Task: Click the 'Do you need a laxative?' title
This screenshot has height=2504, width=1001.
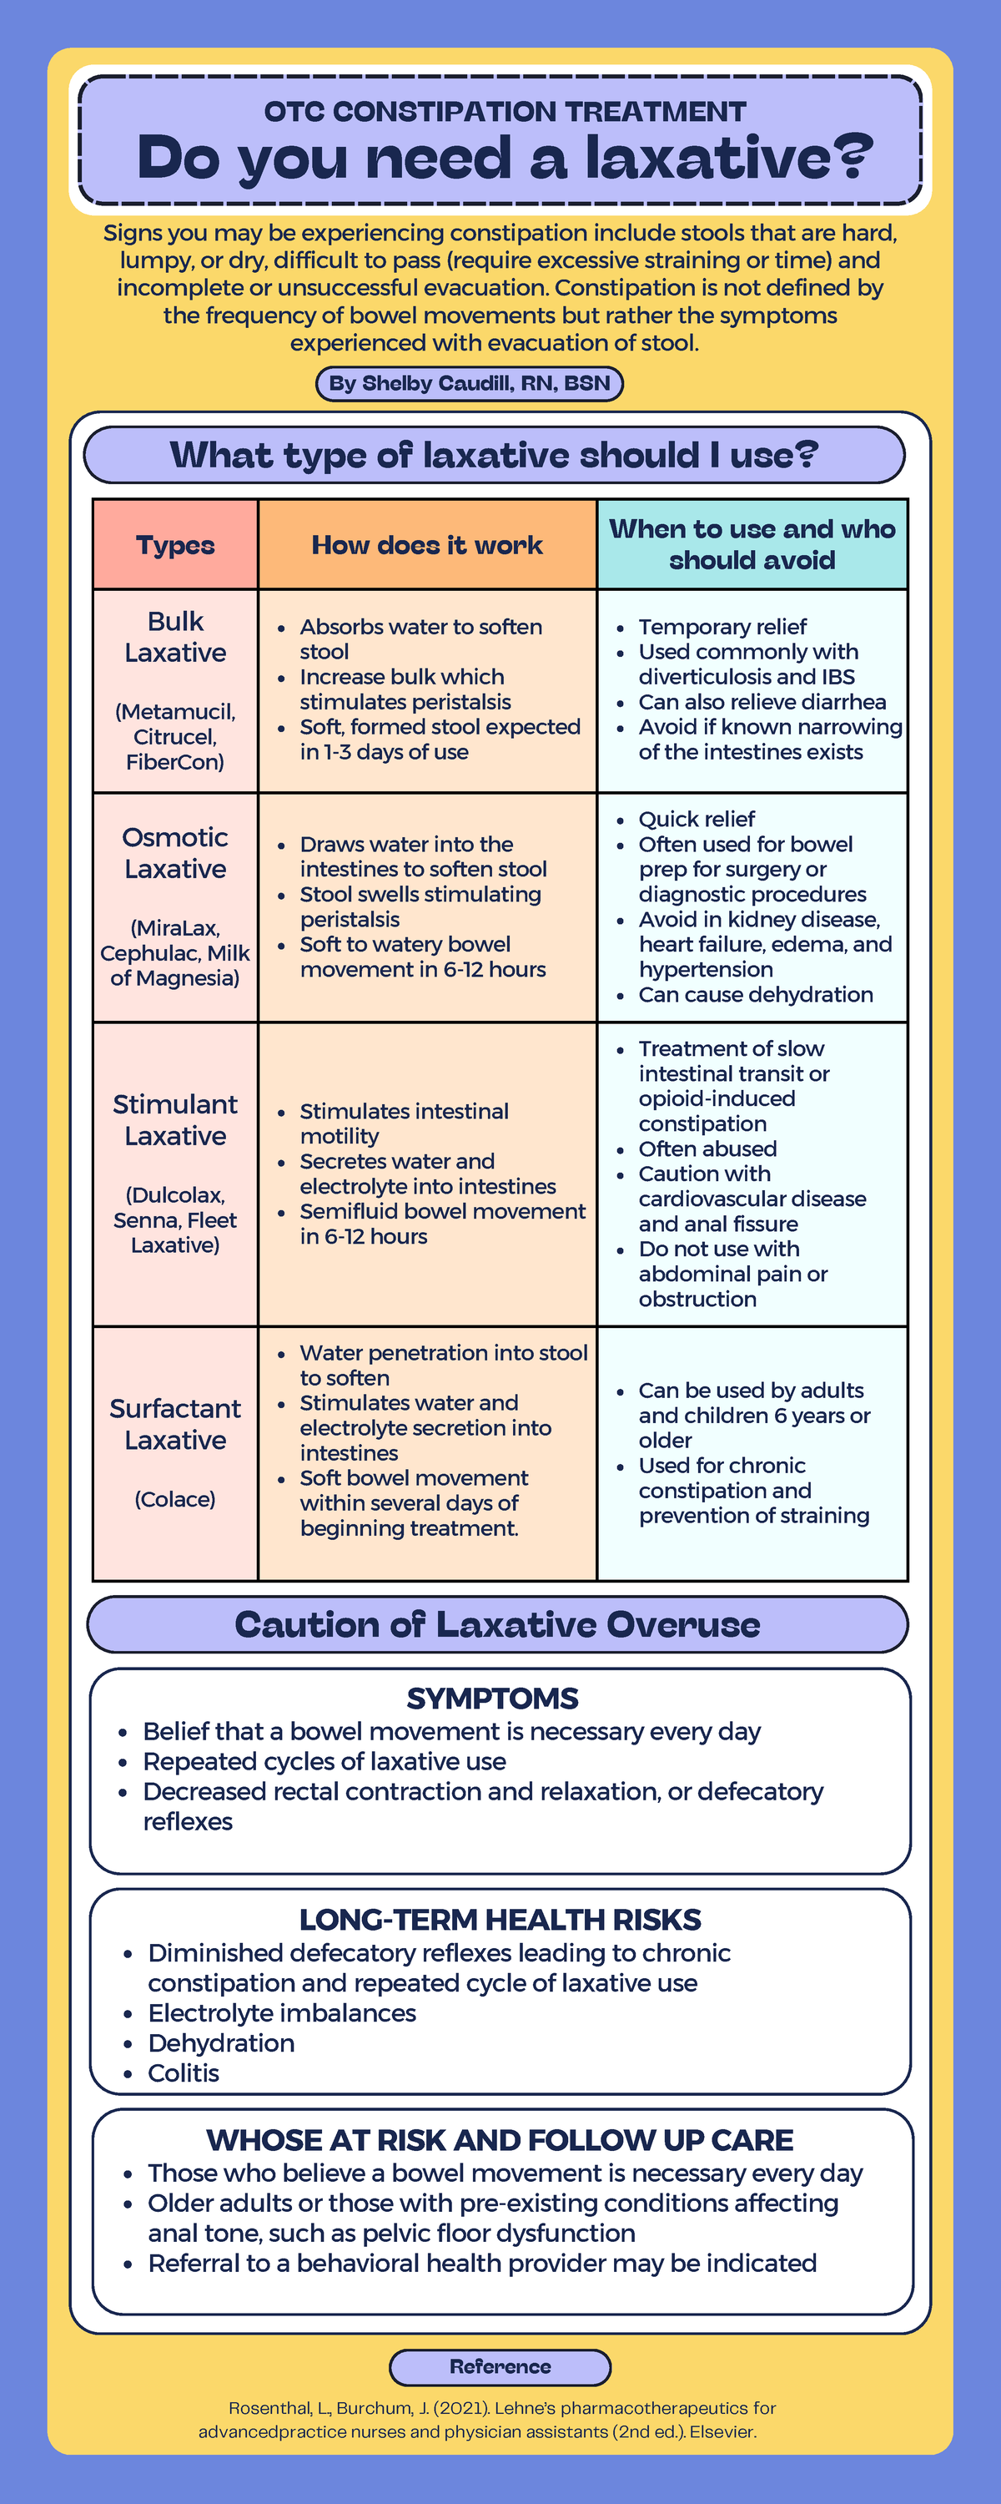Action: click(x=505, y=158)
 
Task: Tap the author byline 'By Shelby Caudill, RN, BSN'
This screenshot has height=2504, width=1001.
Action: click(x=470, y=383)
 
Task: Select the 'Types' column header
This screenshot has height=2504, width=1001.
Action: click(x=175, y=544)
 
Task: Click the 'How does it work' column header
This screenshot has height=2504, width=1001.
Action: click(x=426, y=544)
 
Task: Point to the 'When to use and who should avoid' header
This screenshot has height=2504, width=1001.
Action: click(x=752, y=544)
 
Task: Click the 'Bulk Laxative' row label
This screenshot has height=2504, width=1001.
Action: click(x=175, y=637)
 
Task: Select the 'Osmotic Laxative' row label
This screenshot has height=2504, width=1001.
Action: click(x=175, y=852)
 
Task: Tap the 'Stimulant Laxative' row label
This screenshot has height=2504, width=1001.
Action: click(x=175, y=1120)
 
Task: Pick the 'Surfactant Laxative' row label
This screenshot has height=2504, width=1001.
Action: click(x=175, y=1424)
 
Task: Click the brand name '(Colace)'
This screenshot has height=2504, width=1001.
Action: click(x=175, y=1499)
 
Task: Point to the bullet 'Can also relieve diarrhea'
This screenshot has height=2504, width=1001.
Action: click(x=761, y=702)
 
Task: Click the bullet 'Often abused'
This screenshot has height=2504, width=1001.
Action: click(x=707, y=1149)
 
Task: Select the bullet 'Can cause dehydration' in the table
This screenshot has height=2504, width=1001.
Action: click(x=755, y=994)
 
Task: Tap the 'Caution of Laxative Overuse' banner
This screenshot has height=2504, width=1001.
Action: click(x=498, y=1624)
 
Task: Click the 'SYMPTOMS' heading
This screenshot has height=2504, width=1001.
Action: click(x=492, y=1699)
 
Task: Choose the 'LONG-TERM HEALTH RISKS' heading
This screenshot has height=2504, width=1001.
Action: click(x=500, y=1920)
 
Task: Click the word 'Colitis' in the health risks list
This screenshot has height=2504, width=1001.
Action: click(x=183, y=2073)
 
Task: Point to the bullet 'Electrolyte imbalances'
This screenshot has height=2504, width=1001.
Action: click(x=281, y=2013)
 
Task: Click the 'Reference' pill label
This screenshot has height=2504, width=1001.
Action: click(x=500, y=2367)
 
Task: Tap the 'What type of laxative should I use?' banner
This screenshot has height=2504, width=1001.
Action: click(x=494, y=455)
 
